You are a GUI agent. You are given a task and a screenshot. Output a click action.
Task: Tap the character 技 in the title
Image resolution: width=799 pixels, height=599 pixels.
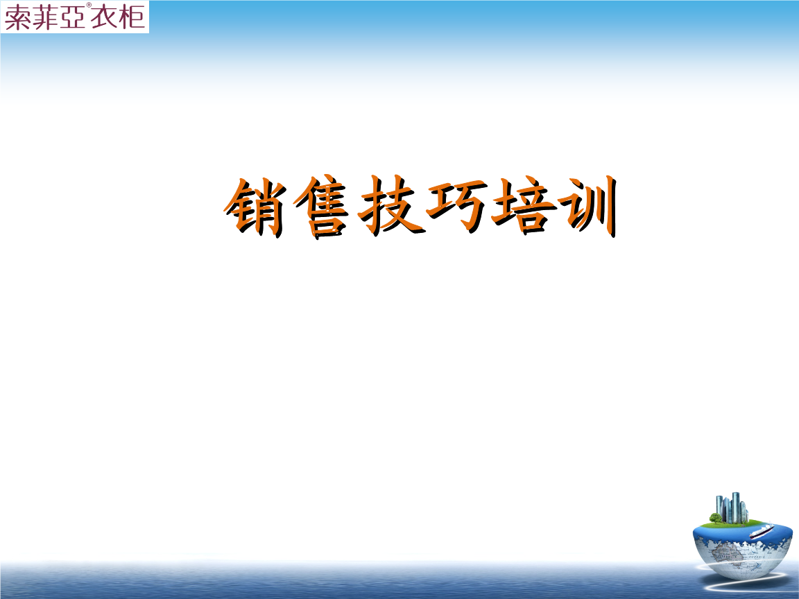pos(390,206)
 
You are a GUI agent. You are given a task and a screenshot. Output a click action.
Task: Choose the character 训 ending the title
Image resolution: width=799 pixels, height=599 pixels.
pos(589,206)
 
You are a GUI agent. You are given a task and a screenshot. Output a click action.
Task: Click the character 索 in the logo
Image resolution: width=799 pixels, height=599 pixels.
pos(17,18)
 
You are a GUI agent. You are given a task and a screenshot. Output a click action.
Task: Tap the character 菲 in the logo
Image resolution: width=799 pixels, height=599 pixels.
pos(45,18)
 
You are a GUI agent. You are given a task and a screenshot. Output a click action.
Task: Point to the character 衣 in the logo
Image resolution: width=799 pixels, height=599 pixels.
pos(103,17)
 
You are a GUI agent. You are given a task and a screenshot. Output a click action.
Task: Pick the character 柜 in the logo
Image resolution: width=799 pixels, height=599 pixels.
pos(132,17)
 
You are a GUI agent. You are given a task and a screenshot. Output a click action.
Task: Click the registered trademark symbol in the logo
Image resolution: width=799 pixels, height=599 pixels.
pos(89,5)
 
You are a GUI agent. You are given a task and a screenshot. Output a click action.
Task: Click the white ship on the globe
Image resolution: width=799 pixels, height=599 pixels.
pos(762,530)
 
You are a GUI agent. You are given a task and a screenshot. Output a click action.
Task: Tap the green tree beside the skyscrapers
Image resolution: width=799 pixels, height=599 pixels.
pos(716,518)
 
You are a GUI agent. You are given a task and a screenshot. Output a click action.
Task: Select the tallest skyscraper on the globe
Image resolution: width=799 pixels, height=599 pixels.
pos(735,507)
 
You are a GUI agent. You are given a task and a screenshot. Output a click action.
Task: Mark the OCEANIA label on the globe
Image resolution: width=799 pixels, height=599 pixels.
pos(756,557)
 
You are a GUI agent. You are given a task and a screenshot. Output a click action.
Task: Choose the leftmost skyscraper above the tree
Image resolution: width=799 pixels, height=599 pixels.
pos(720,504)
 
